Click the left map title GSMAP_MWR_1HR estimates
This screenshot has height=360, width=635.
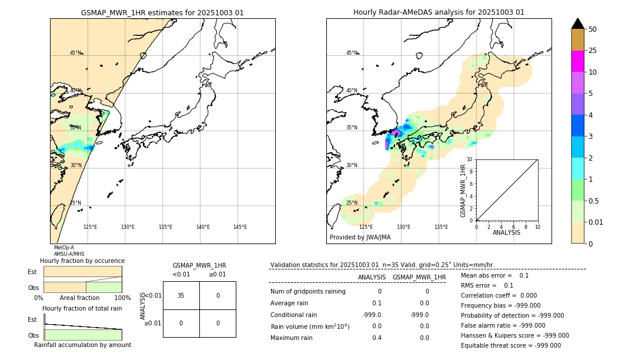point(162,12)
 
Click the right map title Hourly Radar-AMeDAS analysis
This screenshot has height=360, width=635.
point(439,12)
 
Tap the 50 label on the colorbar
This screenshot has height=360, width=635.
point(593,29)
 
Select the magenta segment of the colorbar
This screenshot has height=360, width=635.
point(577,61)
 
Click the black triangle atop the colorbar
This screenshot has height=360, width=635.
point(577,24)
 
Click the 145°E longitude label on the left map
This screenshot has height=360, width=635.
point(240,227)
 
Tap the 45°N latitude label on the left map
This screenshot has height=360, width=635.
point(76,53)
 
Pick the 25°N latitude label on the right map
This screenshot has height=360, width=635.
point(352,203)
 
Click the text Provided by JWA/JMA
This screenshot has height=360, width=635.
point(360,238)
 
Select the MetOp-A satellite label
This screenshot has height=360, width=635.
point(64,248)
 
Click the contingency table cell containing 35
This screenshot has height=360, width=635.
point(181,295)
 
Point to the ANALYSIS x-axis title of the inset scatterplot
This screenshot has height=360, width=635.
point(506,232)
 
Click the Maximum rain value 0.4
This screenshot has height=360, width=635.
point(376,338)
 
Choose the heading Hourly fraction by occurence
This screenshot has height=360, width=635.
point(82,261)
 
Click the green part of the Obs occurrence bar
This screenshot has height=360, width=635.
point(103,287)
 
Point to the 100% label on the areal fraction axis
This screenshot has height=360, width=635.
point(122,298)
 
